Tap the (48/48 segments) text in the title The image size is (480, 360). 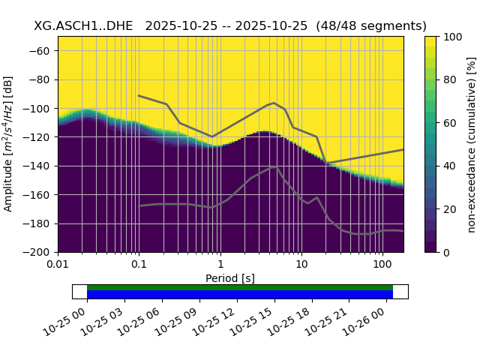[371, 25]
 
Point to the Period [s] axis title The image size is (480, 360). [230, 278]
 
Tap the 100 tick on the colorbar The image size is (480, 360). [451, 37]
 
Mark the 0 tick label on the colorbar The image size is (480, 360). [445, 253]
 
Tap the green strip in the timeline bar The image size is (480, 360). [240, 287]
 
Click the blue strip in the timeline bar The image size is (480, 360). [240, 294]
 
